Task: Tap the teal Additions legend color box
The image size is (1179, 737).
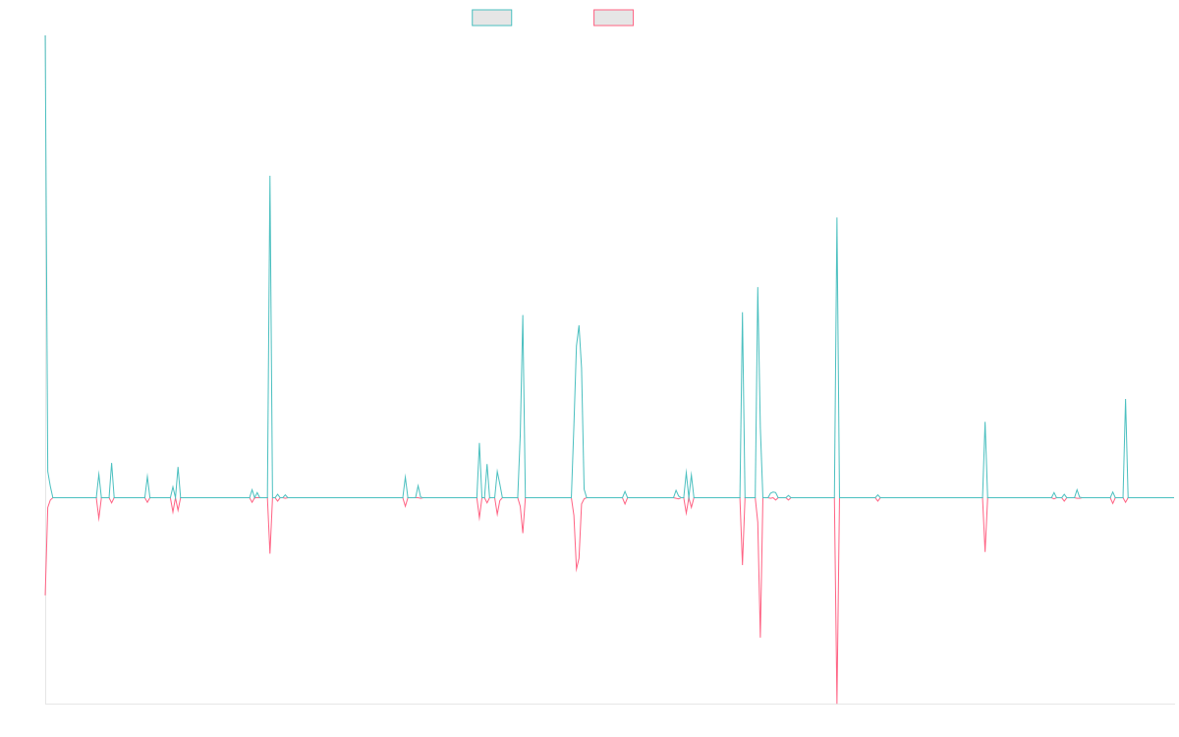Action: point(492,18)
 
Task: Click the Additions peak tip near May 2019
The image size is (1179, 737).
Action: point(270,176)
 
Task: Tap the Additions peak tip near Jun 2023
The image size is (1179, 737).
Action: point(837,218)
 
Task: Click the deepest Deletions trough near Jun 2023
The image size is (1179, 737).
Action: point(837,702)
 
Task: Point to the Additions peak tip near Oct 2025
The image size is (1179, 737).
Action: point(1125,400)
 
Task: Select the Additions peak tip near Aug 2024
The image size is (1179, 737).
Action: point(984,424)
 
